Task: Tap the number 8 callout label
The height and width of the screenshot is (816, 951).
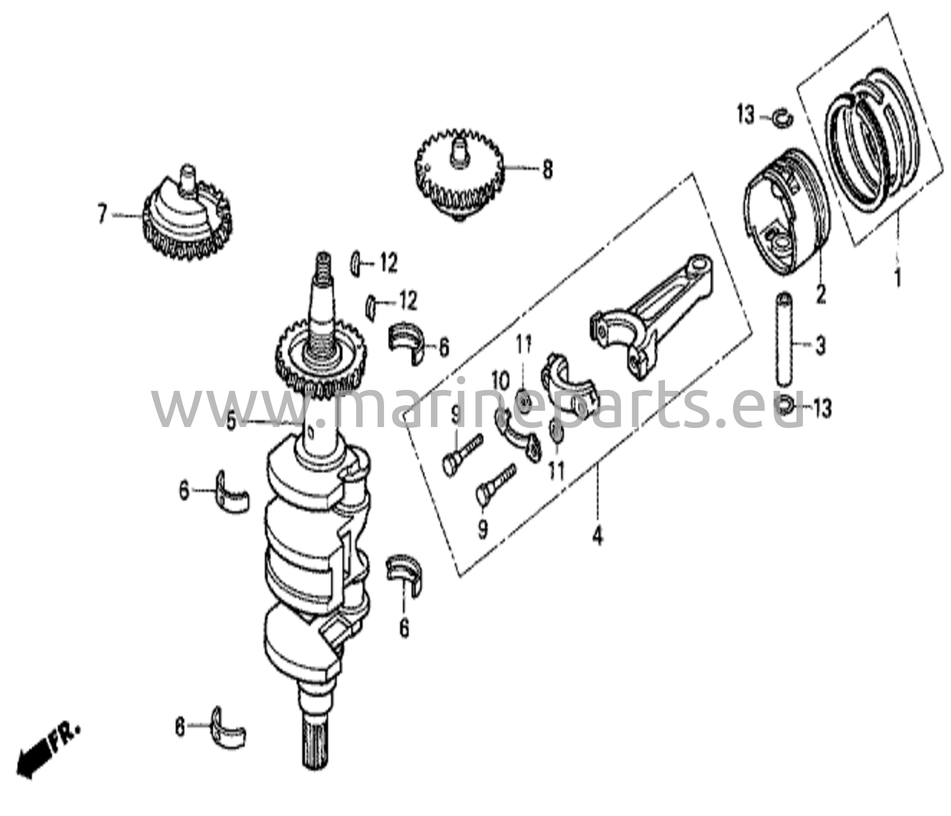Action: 548,169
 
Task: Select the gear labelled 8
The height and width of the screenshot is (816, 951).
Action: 459,179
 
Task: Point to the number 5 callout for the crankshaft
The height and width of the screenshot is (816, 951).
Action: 231,422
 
